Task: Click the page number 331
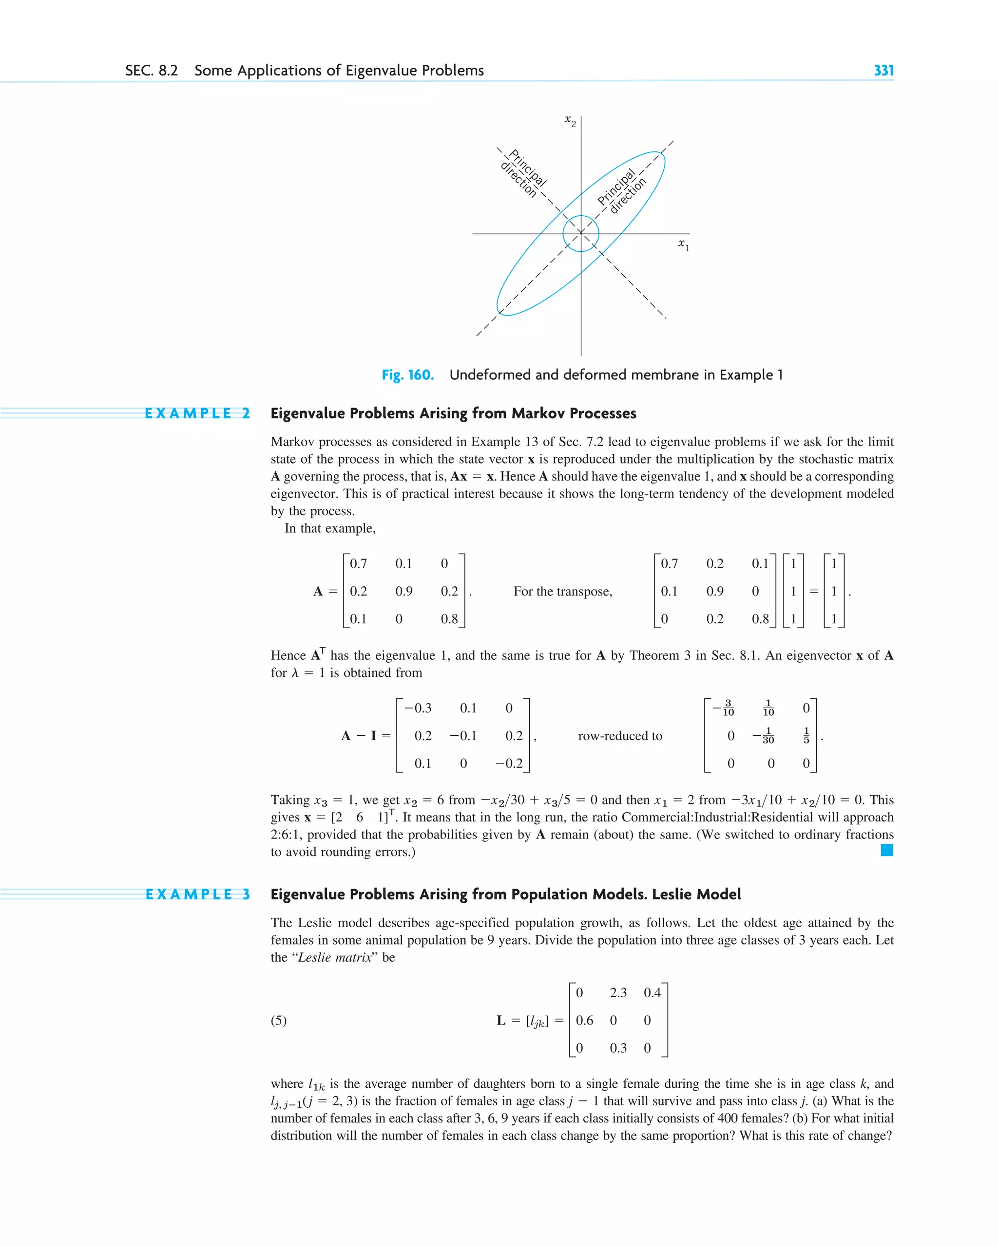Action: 883,71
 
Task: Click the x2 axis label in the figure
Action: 570,120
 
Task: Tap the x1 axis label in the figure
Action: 684,244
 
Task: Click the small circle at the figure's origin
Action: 580,234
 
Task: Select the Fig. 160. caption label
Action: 407,375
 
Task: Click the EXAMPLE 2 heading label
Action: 197,413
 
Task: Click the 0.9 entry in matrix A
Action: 403,591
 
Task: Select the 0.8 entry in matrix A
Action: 449,619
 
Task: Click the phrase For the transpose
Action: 562,591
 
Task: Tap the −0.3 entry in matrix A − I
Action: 418,708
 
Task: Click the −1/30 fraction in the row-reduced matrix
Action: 764,736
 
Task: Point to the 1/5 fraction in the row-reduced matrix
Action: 806,736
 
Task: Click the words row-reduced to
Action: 619,736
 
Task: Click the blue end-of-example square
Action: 886,850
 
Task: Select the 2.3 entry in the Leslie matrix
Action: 618,992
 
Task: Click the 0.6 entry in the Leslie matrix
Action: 584,1020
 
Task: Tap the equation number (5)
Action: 278,1020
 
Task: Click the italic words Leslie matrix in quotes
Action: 335,957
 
